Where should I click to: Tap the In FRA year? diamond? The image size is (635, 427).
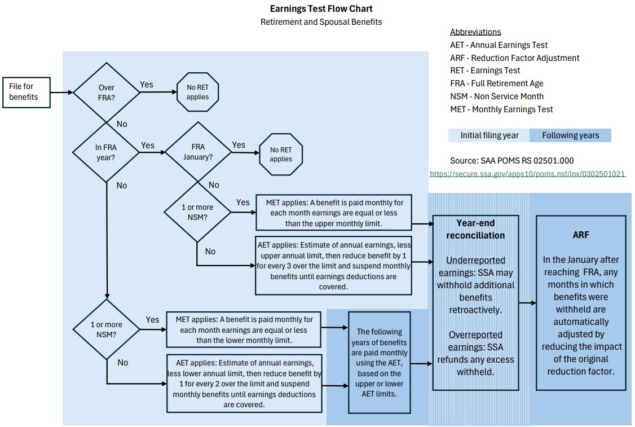[x=106, y=152]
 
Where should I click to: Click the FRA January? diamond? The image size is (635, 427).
[x=198, y=152]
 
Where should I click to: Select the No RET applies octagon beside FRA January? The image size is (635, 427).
[x=281, y=155]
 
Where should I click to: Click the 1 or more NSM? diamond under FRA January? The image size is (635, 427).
[x=197, y=212]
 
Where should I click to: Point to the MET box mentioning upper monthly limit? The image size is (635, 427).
[x=334, y=212]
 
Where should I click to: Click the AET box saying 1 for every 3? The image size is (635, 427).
[x=333, y=265]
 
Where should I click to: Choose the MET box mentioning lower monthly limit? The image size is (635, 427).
[x=244, y=330]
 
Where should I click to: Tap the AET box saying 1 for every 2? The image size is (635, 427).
[x=244, y=381]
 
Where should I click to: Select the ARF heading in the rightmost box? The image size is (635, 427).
[x=580, y=235]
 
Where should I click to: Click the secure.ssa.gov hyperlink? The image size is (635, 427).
[x=528, y=174]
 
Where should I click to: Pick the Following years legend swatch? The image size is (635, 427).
[x=570, y=135]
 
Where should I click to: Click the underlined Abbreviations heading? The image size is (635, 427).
[x=475, y=32]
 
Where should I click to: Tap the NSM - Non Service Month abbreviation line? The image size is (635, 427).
[x=496, y=96]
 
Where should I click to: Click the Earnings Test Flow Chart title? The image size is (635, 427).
[x=321, y=8]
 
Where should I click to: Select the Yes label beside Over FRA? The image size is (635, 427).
[x=146, y=84]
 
